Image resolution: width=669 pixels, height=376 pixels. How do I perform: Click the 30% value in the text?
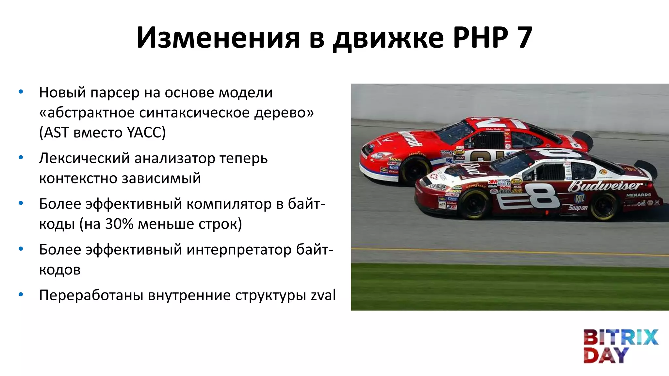click(119, 224)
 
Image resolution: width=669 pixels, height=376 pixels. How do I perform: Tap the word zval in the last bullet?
click(323, 295)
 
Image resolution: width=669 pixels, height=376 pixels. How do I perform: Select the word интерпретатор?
click(239, 250)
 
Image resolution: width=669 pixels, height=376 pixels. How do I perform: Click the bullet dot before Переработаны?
click(21, 295)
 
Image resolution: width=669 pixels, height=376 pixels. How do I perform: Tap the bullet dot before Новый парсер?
click(21, 92)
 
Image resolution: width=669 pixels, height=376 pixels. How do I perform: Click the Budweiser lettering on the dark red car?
click(604, 186)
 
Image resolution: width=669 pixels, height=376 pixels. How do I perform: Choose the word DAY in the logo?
click(606, 355)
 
